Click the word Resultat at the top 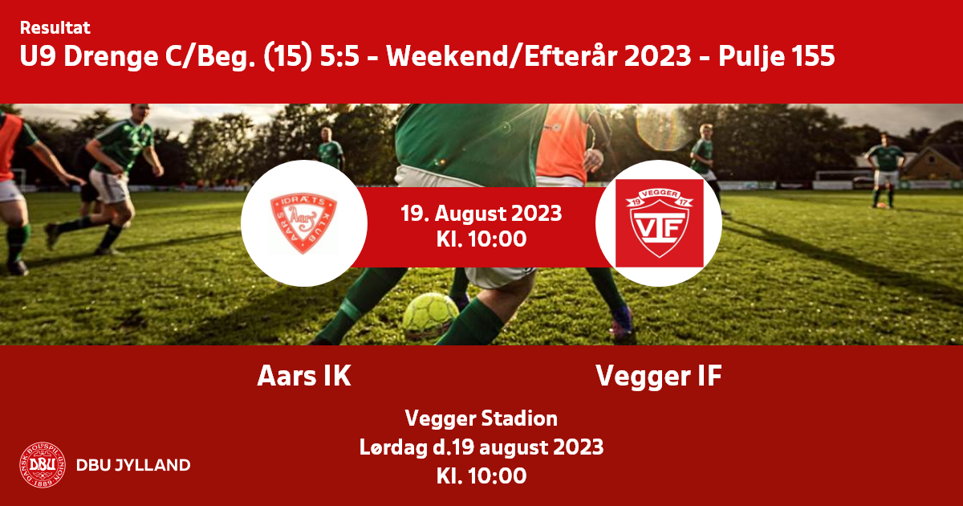click(55, 28)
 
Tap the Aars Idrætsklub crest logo click(303, 223)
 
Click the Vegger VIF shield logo click(660, 223)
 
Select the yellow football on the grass click(430, 316)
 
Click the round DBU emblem click(43, 465)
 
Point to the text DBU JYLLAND click(133, 465)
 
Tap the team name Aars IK click(304, 376)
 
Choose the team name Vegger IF click(659, 377)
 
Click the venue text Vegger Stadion click(481, 419)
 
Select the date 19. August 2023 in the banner click(481, 214)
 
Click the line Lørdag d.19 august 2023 click(481, 447)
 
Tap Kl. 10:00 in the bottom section click(481, 475)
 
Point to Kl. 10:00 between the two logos click(481, 239)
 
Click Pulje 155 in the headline click(777, 56)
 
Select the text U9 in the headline click(38, 56)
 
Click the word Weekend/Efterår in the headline click(538, 56)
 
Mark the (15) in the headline click(287, 57)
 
